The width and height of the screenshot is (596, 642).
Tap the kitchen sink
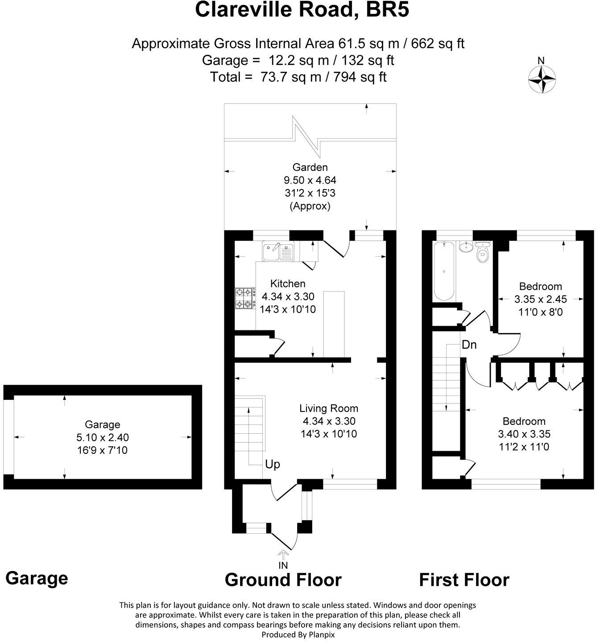(x=277, y=251)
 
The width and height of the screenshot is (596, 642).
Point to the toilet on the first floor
(x=483, y=253)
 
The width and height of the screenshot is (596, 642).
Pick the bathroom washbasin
(x=466, y=247)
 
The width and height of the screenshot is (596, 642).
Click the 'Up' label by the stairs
(x=272, y=465)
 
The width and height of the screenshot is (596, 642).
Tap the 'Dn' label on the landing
(x=469, y=345)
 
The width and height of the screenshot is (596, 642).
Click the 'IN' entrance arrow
(x=283, y=560)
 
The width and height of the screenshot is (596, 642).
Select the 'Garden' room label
(x=310, y=167)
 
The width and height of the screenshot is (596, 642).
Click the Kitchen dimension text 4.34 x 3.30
(x=288, y=296)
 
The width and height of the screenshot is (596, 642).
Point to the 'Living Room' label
(x=328, y=408)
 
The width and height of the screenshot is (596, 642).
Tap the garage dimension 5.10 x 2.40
(x=103, y=438)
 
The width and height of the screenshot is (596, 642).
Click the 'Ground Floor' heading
(x=283, y=580)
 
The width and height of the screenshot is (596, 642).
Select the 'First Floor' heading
(x=464, y=580)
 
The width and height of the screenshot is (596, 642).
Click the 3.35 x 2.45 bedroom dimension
(x=540, y=299)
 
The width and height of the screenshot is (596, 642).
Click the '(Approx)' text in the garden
(x=310, y=206)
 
